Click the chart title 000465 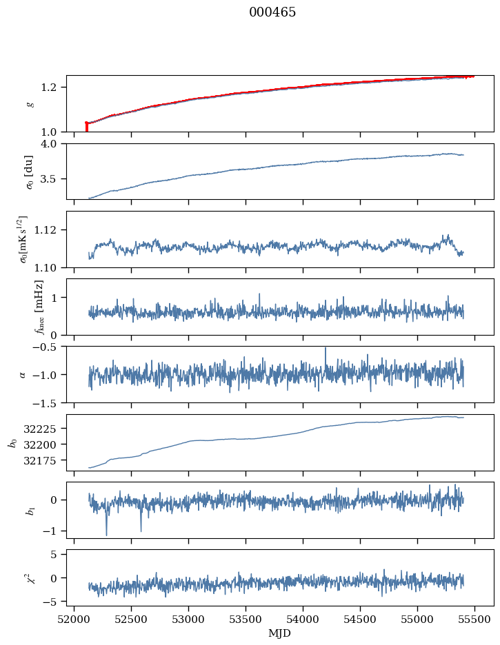pyautogui.click(x=272, y=12)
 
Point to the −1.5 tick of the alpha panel pyautogui.click(x=50, y=402)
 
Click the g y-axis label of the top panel pyautogui.click(x=30, y=104)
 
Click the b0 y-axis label pyautogui.click(x=12, y=442)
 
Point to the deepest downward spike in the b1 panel pyautogui.click(x=106, y=534)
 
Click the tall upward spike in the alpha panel pyautogui.click(x=326, y=349)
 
